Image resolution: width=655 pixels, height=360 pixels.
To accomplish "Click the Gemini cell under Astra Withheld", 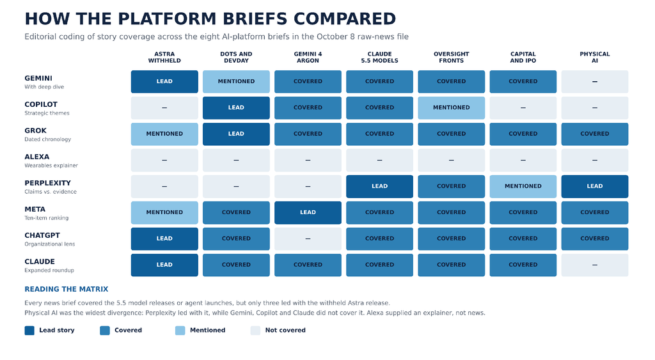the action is coord(164,81).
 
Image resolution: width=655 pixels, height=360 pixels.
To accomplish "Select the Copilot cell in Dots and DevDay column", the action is coord(236,108).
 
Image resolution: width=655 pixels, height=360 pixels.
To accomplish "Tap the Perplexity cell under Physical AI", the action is coord(594,186).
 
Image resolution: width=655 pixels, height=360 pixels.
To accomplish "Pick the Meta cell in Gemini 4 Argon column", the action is coord(308,212).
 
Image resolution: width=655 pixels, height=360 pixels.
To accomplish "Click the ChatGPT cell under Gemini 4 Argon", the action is coord(308,239).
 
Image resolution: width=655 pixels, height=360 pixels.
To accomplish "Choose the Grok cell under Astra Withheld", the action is coord(164,134).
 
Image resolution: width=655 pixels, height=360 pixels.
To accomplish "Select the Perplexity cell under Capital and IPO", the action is coord(523,186).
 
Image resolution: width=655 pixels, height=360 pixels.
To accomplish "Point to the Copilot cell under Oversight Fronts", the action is coord(451,108).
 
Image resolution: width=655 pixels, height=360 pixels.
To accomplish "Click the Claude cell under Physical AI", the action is coord(594,265).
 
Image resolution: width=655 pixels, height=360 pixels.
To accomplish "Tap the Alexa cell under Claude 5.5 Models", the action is coord(379,160).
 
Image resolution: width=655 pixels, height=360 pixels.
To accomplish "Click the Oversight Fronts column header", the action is coord(451,57).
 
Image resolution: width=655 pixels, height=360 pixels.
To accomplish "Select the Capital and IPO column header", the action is coord(523,57).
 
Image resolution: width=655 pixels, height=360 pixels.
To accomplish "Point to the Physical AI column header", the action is coord(594,57).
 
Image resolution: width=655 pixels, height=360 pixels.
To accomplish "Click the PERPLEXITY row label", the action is coord(47,183).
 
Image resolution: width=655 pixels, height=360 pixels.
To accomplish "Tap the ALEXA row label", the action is coord(36,157).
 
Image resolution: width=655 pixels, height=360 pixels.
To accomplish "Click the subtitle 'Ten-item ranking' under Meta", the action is coord(46,218).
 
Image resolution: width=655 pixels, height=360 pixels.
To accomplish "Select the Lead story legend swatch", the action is coord(29,331).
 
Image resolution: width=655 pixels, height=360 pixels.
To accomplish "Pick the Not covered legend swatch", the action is coord(255,331).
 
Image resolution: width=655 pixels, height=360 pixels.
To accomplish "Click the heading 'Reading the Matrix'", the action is coord(67,289).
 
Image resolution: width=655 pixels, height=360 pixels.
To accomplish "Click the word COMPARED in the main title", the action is coord(345,19).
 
